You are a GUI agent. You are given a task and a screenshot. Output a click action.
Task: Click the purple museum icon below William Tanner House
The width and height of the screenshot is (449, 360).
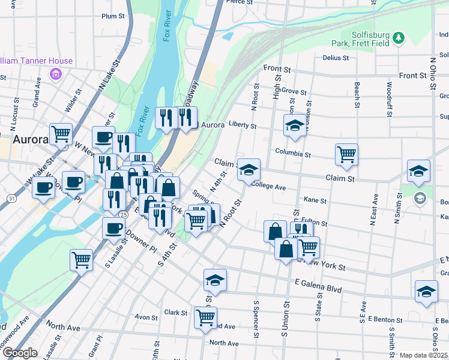pos(56,74)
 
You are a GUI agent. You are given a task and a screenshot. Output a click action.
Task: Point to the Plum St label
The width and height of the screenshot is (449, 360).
pos(113,16)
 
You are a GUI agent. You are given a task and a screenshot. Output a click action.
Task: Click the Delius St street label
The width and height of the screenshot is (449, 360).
pos(336,58)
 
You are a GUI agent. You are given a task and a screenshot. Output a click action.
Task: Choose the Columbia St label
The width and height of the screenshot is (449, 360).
pos(293,154)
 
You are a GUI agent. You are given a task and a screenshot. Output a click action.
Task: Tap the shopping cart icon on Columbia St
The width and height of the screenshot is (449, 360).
pos(346,154)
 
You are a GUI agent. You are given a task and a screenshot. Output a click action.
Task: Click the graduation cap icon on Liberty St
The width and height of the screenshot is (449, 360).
pos(295,125)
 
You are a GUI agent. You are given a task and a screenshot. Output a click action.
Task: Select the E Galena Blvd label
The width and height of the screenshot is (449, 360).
pos(318,289)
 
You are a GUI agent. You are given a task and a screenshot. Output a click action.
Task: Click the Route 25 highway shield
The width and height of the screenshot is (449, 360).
pos(124,214)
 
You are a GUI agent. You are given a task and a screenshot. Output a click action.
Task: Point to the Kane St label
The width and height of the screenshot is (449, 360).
pos(315,200)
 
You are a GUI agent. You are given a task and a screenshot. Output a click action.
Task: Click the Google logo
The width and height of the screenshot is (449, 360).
pos(19,353)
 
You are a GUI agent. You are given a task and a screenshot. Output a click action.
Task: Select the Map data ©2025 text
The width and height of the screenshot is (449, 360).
pos(423,355)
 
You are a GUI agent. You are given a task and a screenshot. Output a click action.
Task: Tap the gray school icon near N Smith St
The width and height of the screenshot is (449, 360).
pos(420,197)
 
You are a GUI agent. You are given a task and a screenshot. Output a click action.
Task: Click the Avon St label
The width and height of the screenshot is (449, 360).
pos(146,317)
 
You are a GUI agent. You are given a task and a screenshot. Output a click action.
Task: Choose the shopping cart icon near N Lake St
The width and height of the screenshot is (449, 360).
pos(61,134)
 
